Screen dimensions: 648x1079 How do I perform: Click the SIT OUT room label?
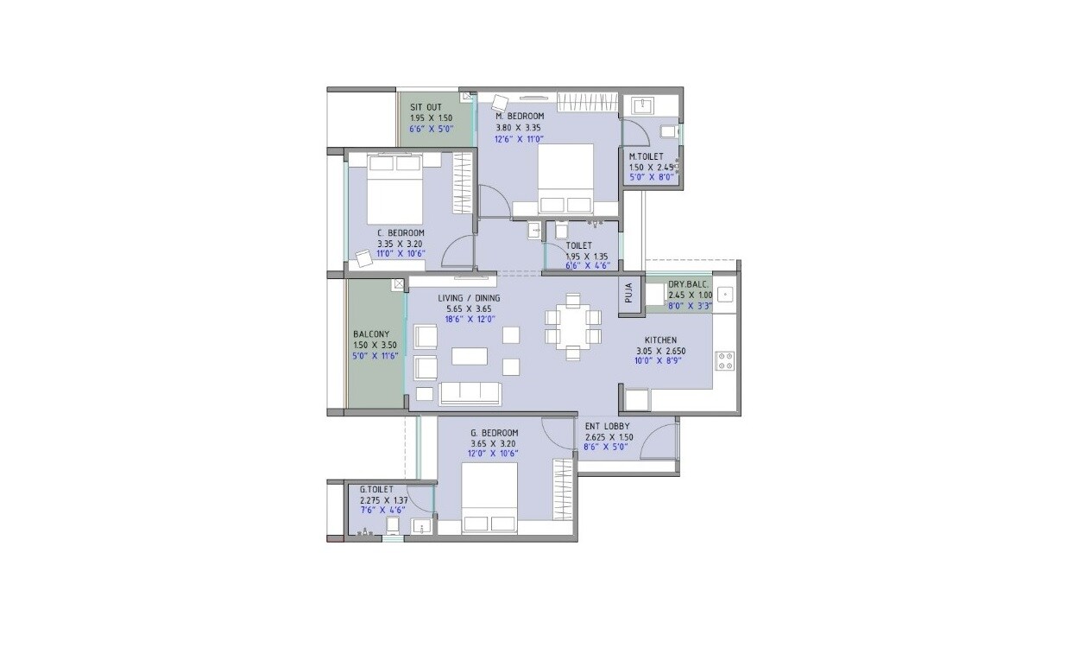click(x=426, y=107)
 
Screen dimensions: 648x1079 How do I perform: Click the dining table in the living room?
click(x=572, y=326)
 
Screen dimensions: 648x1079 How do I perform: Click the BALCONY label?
click(x=371, y=334)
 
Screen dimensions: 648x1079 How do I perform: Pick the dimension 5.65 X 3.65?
click(x=467, y=308)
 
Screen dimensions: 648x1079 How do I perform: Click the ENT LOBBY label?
click(x=607, y=426)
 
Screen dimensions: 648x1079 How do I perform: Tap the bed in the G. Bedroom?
click(x=489, y=499)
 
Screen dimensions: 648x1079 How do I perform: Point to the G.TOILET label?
click(x=376, y=490)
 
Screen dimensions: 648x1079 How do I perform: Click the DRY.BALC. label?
click(x=689, y=284)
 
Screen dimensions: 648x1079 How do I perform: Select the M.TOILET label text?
click(x=646, y=156)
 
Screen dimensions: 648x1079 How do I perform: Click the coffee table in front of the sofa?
click(x=469, y=355)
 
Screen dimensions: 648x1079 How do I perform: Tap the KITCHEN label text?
click(x=660, y=340)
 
